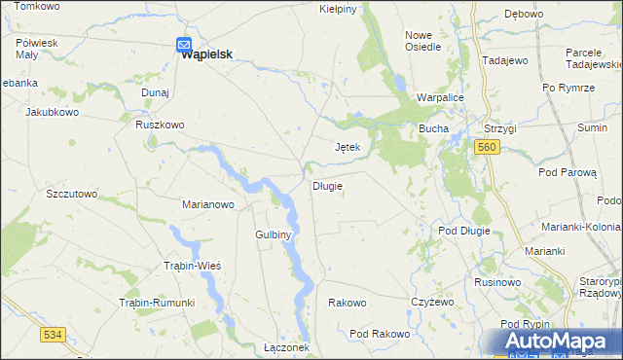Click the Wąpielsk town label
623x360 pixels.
pyautogui.click(x=211, y=54)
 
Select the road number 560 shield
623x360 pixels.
pyautogui.click(x=488, y=146)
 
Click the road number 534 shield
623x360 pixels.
pyautogui.click(x=54, y=335)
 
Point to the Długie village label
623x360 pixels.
pyautogui.click(x=326, y=186)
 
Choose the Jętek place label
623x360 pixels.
pyautogui.click(x=348, y=148)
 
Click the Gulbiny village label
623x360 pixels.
pyautogui.click(x=274, y=234)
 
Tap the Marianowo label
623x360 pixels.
pyautogui.click(x=209, y=204)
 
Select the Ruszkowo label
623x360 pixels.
pyautogui.click(x=160, y=125)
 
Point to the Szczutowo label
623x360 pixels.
pyautogui.click(x=72, y=194)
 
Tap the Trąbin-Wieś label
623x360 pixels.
pyautogui.click(x=192, y=267)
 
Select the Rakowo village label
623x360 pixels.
pyautogui.click(x=348, y=303)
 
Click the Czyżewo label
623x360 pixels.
pyautogui.click(x=433, y=303)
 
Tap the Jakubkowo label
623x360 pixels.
pyautogui.click(x=52, y=112)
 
